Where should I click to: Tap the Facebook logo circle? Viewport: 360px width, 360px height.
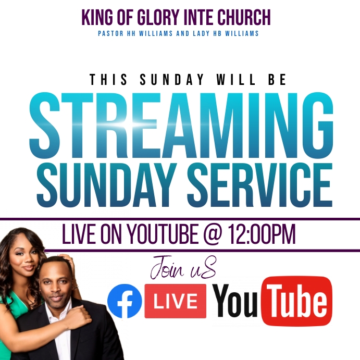click(x=124, y=301)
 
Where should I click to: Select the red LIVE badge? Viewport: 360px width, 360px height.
click(x=176, y=301)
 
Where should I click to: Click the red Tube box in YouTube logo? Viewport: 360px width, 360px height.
click(x=296, y=300)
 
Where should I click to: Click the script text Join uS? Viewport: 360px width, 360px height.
click(x=182, y=269)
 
